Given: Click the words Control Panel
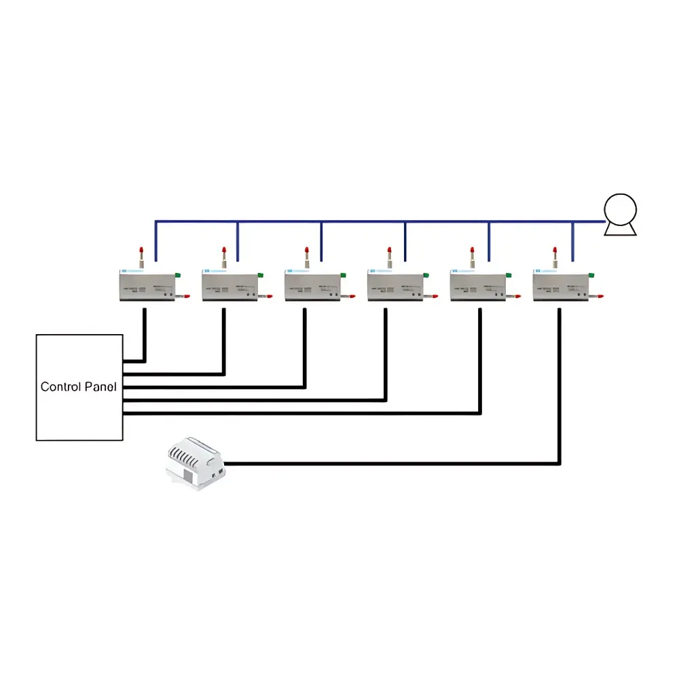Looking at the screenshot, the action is pyautogui.click(x=78, y=387).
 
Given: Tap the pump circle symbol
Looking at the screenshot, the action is pyautogui.click(x=620, y=210).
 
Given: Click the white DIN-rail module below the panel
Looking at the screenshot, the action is pyautogui.click(x=196, y=464).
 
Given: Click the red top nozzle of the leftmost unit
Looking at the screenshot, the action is pyautogui.click(x=141, y=251).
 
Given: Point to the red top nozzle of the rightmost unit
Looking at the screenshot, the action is pyautogui.click(x=555, y=251).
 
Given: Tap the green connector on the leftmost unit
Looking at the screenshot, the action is pyautogui.click(x=177, y=275).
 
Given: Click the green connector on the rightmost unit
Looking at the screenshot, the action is pyautogui.click(x=591, y=275).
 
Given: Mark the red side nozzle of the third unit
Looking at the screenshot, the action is pyautogui.click(x=352, y=296).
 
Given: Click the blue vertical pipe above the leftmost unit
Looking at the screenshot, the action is pyautogui.click(x=156, y=242).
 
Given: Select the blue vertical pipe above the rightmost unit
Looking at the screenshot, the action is pyautogui.click(x=573, y=242).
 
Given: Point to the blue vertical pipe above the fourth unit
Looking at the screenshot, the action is pyautogui.click(x=405, y=242).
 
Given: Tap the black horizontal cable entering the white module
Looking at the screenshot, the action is pyautogui.click(x=392, y=464).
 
